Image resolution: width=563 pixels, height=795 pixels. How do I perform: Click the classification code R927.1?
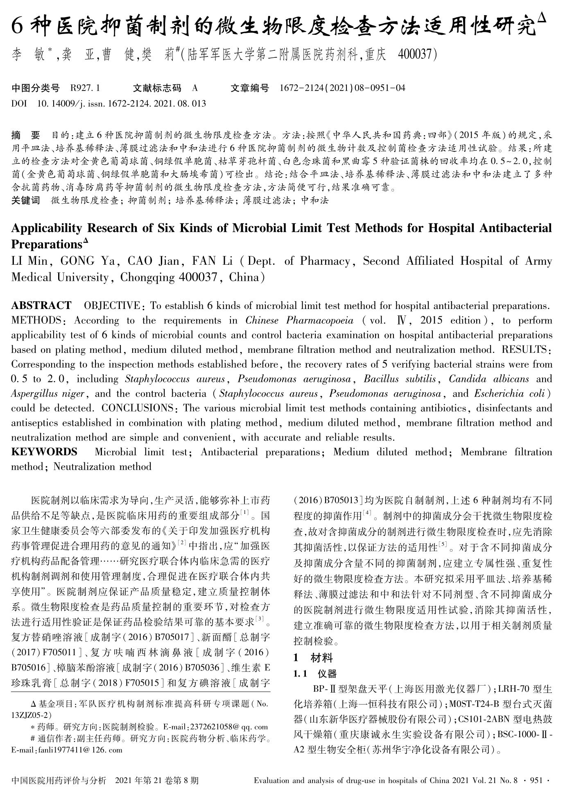pyautogui.click(x=85, y=88)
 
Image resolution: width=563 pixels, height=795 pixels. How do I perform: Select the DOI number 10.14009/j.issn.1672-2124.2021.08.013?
pyautogui.click(x=121, y=103)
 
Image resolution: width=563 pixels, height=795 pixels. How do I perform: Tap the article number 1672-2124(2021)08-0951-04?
pyautogui.click(x=342, y=88)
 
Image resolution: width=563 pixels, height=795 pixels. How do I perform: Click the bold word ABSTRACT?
pyautogui.click(x=41, y=306)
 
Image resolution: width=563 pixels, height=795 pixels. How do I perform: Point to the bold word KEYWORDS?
pyautogui.click(x=44, y=452)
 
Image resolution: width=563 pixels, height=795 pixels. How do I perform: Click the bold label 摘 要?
pyautogui.click(x=26, y=134)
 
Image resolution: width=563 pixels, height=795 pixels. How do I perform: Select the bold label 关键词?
pyautogui.click(x=26, y=200)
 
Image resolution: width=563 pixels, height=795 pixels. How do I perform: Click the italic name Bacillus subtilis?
pyautogui.click(x=399, y=379)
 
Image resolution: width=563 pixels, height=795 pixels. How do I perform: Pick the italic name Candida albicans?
pyautogui.click(x=489, y=379)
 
